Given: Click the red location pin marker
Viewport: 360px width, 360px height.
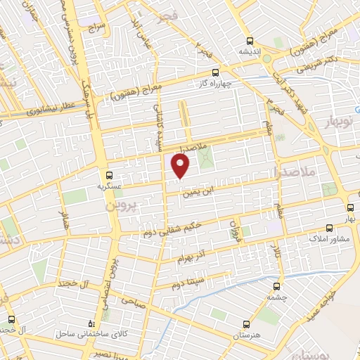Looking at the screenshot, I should pyautogui.click(x=181, y=166).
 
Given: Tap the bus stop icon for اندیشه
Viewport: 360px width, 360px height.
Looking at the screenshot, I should pyautogui.click(x=249, y=39).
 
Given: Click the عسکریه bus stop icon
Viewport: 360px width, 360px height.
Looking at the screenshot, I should pyautogui.click(x=108, y=175).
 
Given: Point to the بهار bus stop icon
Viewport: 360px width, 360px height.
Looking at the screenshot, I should pyautogui.click(x=350, y=207).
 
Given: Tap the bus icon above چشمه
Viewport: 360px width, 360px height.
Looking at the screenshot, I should pyautogui.click(x=276, y=286).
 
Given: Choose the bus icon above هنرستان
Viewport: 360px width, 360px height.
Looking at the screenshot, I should pyautogui.click(x=245, y=324).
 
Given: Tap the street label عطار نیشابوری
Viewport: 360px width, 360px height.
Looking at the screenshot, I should pyautogui.click(x=51, y=108).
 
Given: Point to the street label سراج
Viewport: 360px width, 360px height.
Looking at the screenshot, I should pyautogui.click(x=96, y=30).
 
